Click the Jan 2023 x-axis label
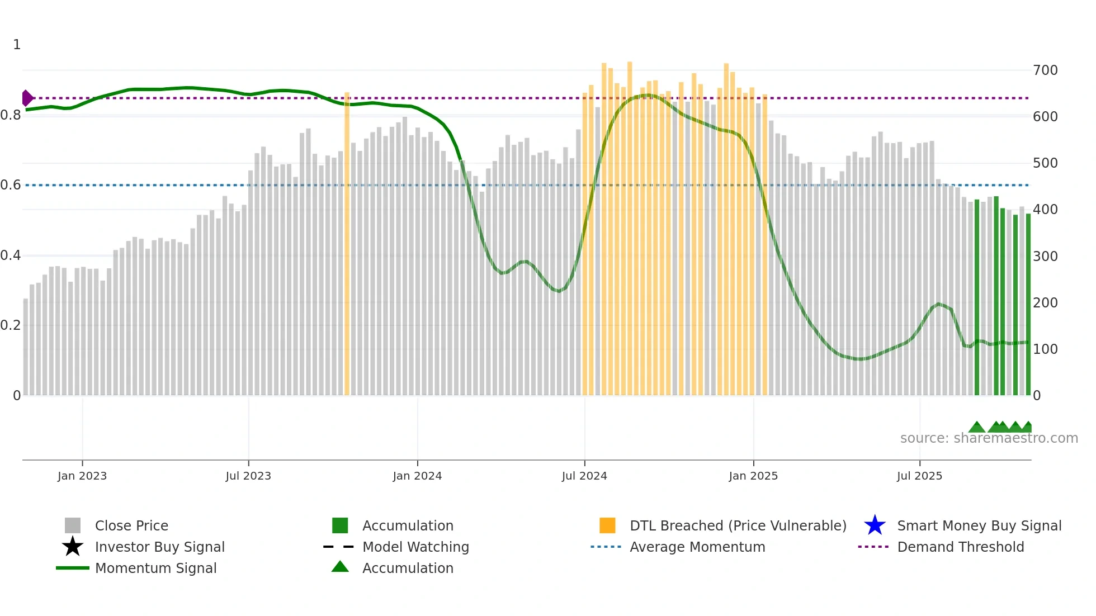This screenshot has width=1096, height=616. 82,476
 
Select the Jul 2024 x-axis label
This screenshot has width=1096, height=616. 584,476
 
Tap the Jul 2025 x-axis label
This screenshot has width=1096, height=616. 919,476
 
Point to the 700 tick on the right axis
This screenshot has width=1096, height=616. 1045,70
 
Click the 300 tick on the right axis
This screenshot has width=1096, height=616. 1045,257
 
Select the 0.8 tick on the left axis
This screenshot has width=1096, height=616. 11,115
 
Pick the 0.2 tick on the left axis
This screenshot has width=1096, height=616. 11,325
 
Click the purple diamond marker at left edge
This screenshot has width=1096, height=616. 27,98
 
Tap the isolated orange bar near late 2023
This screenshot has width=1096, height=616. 347,243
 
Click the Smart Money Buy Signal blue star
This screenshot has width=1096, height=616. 875,525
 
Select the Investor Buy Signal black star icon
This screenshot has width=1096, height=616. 73,547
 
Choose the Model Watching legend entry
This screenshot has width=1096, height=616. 415,547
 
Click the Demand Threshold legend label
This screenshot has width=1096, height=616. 960,547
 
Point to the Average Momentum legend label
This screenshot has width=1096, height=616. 697,547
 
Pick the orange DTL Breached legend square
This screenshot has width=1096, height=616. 607,525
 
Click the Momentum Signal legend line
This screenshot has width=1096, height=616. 73,568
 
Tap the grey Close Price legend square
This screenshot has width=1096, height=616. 73,525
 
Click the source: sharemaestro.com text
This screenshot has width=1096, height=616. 989,438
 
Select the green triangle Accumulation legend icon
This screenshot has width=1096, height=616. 340,567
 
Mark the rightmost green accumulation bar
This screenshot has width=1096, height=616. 1028,305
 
